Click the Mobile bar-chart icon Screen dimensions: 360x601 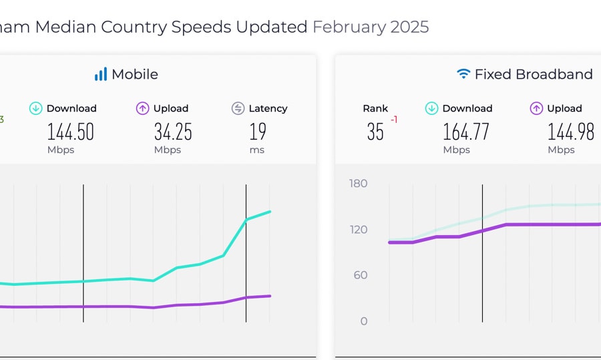[101, 74]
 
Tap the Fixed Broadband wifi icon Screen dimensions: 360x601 [463, 74]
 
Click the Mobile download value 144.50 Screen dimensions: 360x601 [71, 132]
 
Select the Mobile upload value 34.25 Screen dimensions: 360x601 [173, 132]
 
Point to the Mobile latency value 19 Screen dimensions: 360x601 [258, 132]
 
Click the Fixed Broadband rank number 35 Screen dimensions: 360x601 [375, 132]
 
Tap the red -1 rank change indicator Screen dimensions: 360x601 [394, 120]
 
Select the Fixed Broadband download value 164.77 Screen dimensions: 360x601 [466, 132]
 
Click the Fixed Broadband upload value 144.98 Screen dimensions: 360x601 [571, 132]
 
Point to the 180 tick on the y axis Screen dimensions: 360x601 [359, 184]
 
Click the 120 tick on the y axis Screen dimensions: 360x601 [359, 230]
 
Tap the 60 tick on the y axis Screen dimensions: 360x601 [361, 275]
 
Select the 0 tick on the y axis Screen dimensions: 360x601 [364, 321]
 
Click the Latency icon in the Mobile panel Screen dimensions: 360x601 [238, 108]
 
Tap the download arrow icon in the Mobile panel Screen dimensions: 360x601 [36, 108]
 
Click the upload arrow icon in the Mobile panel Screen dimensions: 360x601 [142, 108]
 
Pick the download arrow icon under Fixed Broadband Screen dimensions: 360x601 [431, 108]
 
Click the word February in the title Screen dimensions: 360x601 [349, 27]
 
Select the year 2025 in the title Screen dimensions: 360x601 [410, 27]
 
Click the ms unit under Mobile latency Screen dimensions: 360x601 [257, 150]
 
